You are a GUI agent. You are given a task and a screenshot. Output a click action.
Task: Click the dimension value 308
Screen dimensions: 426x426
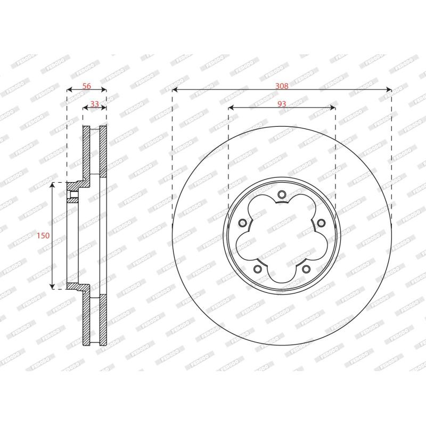tap(282, 86)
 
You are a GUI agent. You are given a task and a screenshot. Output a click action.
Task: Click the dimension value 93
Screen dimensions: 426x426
tap(282, 104)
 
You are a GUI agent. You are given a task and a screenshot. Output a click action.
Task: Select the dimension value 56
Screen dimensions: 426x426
tap(87, 86)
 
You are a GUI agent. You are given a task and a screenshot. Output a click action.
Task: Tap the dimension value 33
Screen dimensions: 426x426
tap(95, 104)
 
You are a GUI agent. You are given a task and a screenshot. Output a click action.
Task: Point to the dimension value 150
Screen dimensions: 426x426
tap(44, 235)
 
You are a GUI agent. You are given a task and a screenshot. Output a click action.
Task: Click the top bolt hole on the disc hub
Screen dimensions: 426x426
tap(282, 194)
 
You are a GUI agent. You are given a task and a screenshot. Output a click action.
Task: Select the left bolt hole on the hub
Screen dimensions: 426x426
tap(242, 223)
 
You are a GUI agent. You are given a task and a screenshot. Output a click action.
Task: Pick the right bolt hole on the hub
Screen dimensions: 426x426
tap(321, 223)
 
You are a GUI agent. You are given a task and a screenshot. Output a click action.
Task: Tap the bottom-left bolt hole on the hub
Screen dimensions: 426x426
tap(257, 269)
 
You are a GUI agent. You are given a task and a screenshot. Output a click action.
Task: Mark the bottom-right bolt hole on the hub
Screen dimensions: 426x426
tap(306, 269)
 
